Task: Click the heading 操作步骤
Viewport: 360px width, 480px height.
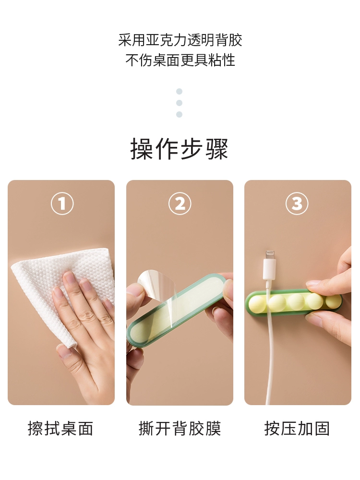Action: pyautogui.click(x=180, y=149)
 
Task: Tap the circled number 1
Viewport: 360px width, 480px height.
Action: pyautogui.click(x=62, y=204)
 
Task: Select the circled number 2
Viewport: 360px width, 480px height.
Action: pyautogui.click(x=180, y=204)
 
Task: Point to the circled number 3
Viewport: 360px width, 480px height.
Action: pyautogui.click(x=297, y=204)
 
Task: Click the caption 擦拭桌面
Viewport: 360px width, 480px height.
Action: pyautogui.click(x=60, y=428)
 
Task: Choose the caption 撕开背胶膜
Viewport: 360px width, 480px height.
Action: pyautogui.click(x=180, y=428)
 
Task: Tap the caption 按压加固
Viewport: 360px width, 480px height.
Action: pyautogui.click(x=297, y=428)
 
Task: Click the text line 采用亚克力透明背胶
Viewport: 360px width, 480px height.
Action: pyautogui.click(x=180, y=40)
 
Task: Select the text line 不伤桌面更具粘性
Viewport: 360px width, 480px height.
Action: pyautogui.click(x=180, y=60)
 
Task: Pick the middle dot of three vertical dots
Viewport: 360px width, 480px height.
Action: pyautogui.click(x=180, y=103)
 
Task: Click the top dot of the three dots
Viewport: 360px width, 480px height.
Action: pyautogui.click(x=180, y=91)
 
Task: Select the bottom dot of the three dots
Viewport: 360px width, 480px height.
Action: pyautogui.click(x=180, y=115)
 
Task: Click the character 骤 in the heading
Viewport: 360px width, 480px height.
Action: pyautogui.click(x=217, y=149)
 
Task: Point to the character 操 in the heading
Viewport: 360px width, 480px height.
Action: pyautogui.click(x=142, y=149)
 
